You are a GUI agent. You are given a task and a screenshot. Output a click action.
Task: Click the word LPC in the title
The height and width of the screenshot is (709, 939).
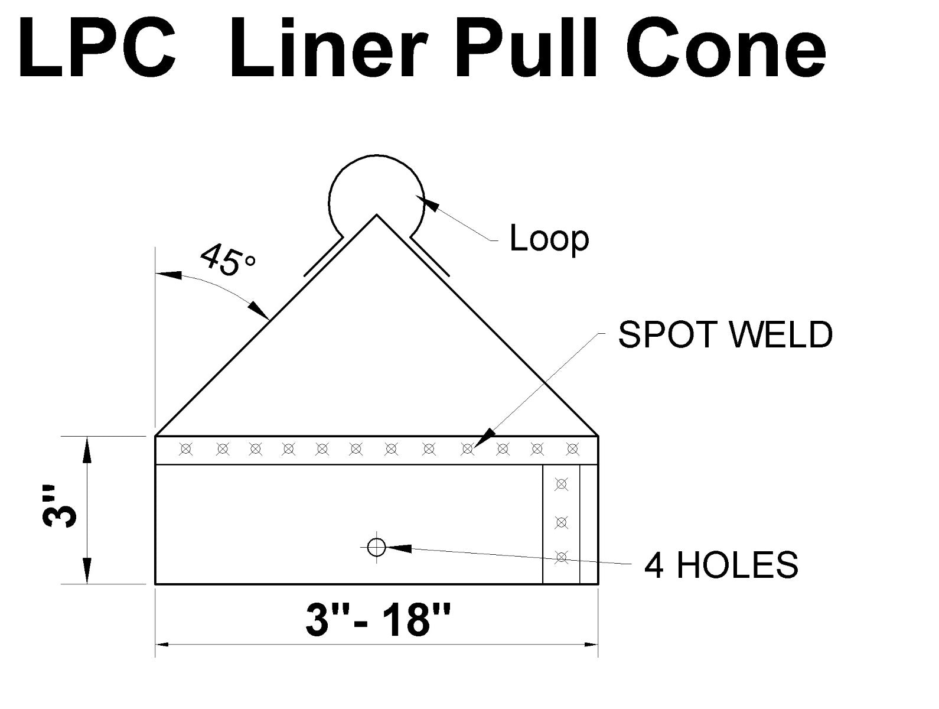click(97, 48)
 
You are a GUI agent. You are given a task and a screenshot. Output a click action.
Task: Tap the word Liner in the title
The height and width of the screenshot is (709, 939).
click(328, 48)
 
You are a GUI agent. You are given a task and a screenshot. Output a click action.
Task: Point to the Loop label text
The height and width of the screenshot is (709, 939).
click(549, 239)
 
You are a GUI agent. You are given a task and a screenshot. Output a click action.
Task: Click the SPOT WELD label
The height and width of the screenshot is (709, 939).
click(725, 334)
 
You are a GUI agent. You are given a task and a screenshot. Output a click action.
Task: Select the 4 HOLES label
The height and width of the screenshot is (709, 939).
click(721, 564)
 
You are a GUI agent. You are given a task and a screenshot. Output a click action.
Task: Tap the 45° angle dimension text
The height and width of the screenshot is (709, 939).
click(227, 261)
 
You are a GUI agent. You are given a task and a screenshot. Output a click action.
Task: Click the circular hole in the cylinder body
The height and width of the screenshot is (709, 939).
click(376, 548)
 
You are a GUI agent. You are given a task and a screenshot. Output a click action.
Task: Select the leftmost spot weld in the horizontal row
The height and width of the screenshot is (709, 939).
click(186, 450)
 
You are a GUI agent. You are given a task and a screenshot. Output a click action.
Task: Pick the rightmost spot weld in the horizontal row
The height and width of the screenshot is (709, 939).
click(572, 450)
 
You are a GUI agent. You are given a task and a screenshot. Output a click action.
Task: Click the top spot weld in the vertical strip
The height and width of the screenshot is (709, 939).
click(562, 485)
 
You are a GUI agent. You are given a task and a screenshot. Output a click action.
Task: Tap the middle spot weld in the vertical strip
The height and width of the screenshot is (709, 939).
click(562, 522)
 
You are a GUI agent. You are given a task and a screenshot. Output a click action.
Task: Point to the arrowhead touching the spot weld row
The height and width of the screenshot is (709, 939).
click(484, 439)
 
